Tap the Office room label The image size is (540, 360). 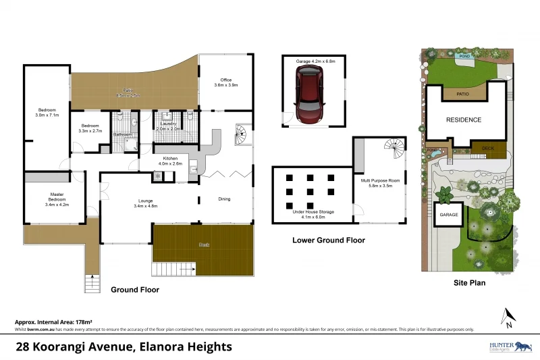pyautogui.click(x=223, y=82)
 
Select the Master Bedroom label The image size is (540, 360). pyautogui.click(x=57, y=199)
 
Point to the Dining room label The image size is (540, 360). pyautogui.click(x=225, y=199)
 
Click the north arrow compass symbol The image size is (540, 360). pyautogui.click(x=508, y=316)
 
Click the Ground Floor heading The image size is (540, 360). pyautogui.click(x=135, y=289)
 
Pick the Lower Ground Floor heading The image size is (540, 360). pyautogui.click(x=328, y=240)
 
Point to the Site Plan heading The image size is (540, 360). pyautogui.click(x=468, y=283)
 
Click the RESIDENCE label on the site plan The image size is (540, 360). pyautogui.click(x=464, y=120)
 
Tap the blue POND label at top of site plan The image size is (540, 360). pyautogui.click(x=463, y=56)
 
